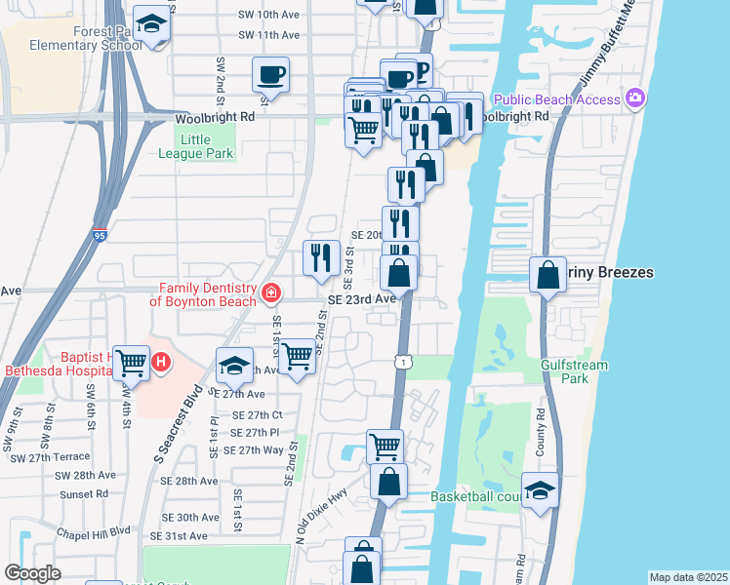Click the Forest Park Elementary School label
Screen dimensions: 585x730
(x=80, y=37)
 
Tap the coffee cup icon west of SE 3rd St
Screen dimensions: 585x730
(x=270, y=74)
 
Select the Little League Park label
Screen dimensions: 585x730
(x=196, y=146)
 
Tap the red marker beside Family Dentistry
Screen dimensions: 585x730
(x=270, y=292)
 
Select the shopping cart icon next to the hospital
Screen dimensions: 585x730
(x=131, y=363)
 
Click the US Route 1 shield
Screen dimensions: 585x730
(x=401, y=362)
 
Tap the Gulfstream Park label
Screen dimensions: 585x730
(x=565, y=370)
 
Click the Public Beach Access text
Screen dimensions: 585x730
(x=556, y=99)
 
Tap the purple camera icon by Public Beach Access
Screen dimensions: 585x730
(x=636, y=98)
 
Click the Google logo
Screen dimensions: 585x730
(x=31, y=573)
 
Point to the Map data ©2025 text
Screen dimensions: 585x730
(x=688, y=577)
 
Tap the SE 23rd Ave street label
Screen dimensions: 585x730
(x=361, y=299)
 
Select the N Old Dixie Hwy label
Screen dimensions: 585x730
(x=322, y=522)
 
